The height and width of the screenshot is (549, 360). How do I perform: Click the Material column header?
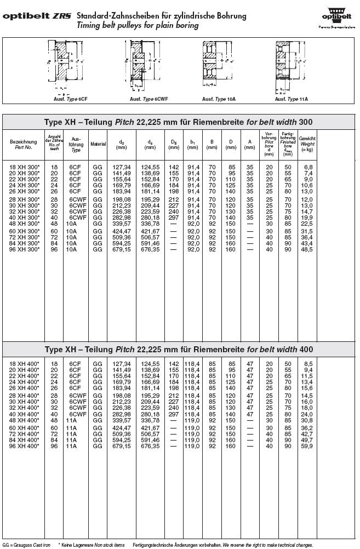pyautogui.click(x=98, y=144)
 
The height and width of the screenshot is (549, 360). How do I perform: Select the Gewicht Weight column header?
pyautogui.click(x=307, y=144)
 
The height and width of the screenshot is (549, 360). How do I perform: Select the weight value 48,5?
pyautogui.click(x=307, y=249)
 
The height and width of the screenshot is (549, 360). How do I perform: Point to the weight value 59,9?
pyautogui.click(x=307, y=447)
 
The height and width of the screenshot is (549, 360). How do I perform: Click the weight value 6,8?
pyautogui.click(x=308, y=167)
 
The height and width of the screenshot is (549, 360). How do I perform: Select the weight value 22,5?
pyautogui.click(x=307, y=223)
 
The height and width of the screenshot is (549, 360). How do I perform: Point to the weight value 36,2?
pyautogui.click(x=307, y=427)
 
